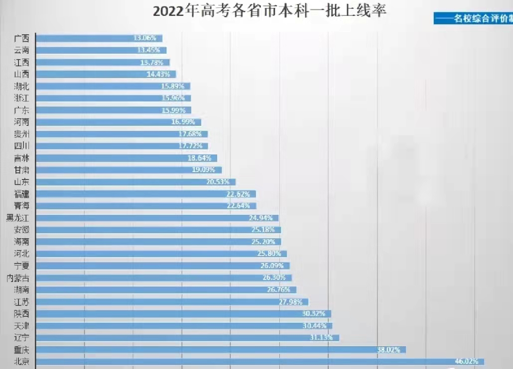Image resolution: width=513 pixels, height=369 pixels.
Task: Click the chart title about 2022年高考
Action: coord(269,11)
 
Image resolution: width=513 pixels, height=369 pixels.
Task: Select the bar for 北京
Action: coord(259,362)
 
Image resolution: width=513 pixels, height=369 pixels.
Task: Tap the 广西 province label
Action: coord(21,38)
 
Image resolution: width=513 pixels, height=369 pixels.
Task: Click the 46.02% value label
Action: coord(467,362)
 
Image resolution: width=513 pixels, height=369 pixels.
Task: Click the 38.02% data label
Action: coord(388,350)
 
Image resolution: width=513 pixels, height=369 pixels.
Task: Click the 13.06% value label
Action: coord(145,38)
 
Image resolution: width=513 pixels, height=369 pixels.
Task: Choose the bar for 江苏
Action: coord(172,302)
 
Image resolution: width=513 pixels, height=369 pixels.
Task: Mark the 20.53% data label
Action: coord(219,182)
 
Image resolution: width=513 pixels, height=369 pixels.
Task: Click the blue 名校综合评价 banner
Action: coord(473,19)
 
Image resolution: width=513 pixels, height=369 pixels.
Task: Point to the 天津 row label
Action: coord(21,326)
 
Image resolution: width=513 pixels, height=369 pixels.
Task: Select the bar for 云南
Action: coord(101,50)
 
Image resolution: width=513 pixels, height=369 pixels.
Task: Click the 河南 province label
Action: coord(21,122)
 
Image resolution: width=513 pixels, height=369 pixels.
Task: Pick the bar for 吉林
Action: coord(127,158)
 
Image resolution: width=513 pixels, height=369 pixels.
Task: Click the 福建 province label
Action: coord(21,194)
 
